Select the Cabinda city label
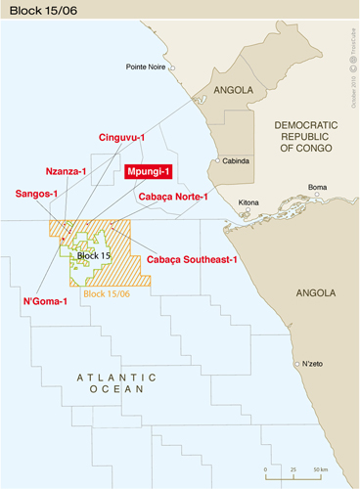[237, 160]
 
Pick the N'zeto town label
[312, 364]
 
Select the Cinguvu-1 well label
[122, 139]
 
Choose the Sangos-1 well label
[37, 195]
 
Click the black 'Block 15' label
[94, 255]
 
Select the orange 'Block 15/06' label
[107, 293]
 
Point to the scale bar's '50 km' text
[319, 469]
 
